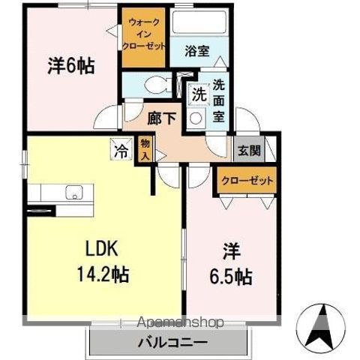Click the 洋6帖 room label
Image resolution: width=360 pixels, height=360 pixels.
pos(71,66)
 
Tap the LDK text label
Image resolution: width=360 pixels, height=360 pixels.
pos(102,248)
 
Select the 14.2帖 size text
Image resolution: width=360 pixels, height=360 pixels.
pos(103,274)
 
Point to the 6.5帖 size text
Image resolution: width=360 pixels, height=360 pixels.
pos(230,277)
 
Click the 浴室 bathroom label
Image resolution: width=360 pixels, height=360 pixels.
pos(197,51)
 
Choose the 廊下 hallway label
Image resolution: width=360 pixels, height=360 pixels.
pos(162,118)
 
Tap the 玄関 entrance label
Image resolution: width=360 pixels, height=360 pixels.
pos(249,151)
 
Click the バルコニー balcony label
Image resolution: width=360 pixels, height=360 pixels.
pos(173,342)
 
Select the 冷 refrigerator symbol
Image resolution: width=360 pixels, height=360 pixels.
pos(121,149)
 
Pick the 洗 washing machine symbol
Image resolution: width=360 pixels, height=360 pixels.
pos(199,94)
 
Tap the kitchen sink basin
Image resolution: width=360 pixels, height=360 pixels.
pos(74,193)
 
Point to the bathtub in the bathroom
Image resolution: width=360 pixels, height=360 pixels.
pos(199,22)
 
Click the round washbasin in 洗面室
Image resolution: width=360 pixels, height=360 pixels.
pos(195,118)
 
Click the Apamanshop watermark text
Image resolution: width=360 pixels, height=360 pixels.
pos(180,322)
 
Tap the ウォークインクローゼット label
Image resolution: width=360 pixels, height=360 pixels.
pos(143,34)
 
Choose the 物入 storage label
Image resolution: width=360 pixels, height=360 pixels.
pos(145,150)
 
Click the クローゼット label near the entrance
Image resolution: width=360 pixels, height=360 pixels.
pos(247,181)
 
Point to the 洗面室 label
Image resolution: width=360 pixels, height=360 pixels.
pos(219,101)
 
